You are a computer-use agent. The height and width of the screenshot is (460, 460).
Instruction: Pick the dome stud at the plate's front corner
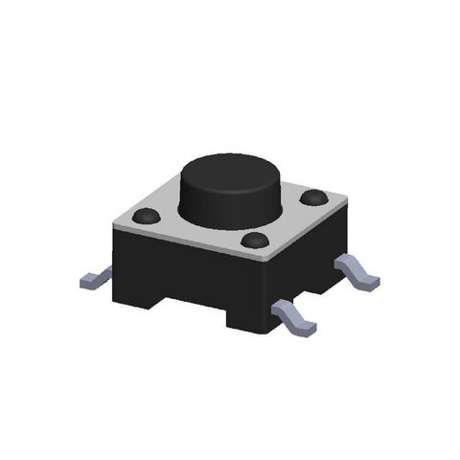pyautogui.click(x=255, y=240)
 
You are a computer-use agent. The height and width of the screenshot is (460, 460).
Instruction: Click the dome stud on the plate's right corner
pyautogui.click(x=312, y=197)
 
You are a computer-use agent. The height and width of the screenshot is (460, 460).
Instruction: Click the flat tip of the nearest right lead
pyautogui.click(x=305, y=328)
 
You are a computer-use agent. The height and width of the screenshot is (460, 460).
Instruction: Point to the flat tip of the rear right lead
pyautogui.click(x=368, y=281)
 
